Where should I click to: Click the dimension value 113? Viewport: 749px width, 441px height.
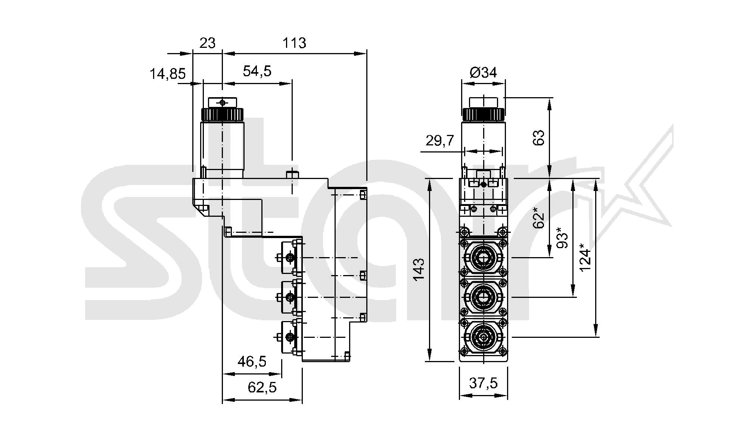294,43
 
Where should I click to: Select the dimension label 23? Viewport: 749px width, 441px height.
207,43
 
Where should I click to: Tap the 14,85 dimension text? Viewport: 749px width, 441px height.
168,74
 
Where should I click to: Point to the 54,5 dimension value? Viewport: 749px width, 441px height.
257,71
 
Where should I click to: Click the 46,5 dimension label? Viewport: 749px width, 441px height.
252,361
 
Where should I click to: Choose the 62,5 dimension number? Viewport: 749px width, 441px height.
262,388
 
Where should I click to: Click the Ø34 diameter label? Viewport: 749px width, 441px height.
483,72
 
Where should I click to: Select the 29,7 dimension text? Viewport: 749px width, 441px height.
439,141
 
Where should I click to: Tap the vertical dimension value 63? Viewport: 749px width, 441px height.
538,137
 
